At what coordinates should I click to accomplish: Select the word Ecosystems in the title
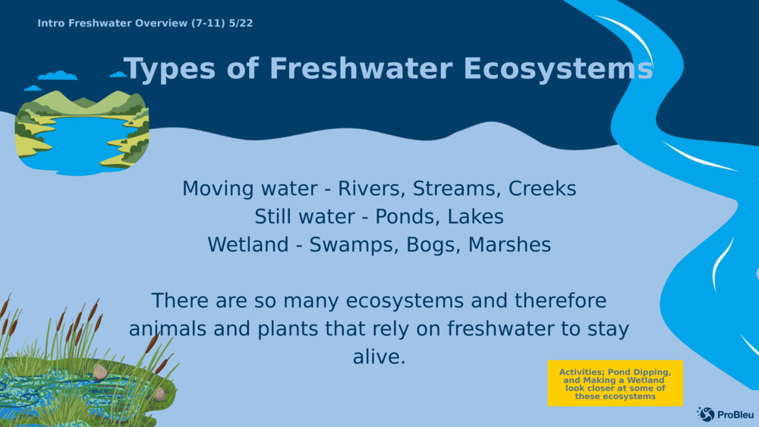point(558,68)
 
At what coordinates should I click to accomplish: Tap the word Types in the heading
point(169,69)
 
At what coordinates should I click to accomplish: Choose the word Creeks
point(542,189)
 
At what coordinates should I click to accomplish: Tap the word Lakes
point(475,217)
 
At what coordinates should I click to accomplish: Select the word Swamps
point(354,245)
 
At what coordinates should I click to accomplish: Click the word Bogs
point(433,245)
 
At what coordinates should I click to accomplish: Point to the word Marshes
point(510,245)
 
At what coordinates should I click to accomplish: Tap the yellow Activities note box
point(616,383)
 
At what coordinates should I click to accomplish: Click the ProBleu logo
point(725,414)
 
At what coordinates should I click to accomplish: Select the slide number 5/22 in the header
point(241,24)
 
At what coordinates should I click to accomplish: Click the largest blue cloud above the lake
point(58,75)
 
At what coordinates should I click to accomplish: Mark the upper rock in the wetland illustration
point(100,372)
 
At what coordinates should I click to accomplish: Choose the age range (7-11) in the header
point(208,24)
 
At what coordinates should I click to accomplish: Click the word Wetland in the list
point(248,245)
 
